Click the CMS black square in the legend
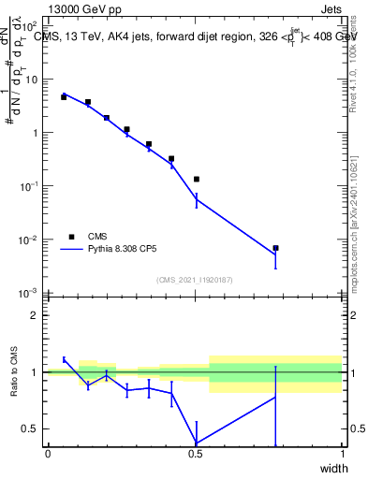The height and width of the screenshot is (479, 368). coord(71,237)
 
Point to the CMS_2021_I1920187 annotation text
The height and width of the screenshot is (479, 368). coord(195,280)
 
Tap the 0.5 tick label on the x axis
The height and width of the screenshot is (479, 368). coord(195,454)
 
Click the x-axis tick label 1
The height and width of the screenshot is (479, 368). coord(342,454)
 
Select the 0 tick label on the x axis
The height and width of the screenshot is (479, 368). coord(48,454)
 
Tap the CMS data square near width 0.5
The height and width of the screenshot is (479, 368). coord(196,179)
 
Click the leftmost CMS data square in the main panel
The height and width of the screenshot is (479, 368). coord(64,96)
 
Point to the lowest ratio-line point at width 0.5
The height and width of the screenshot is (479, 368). coord(196,443)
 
